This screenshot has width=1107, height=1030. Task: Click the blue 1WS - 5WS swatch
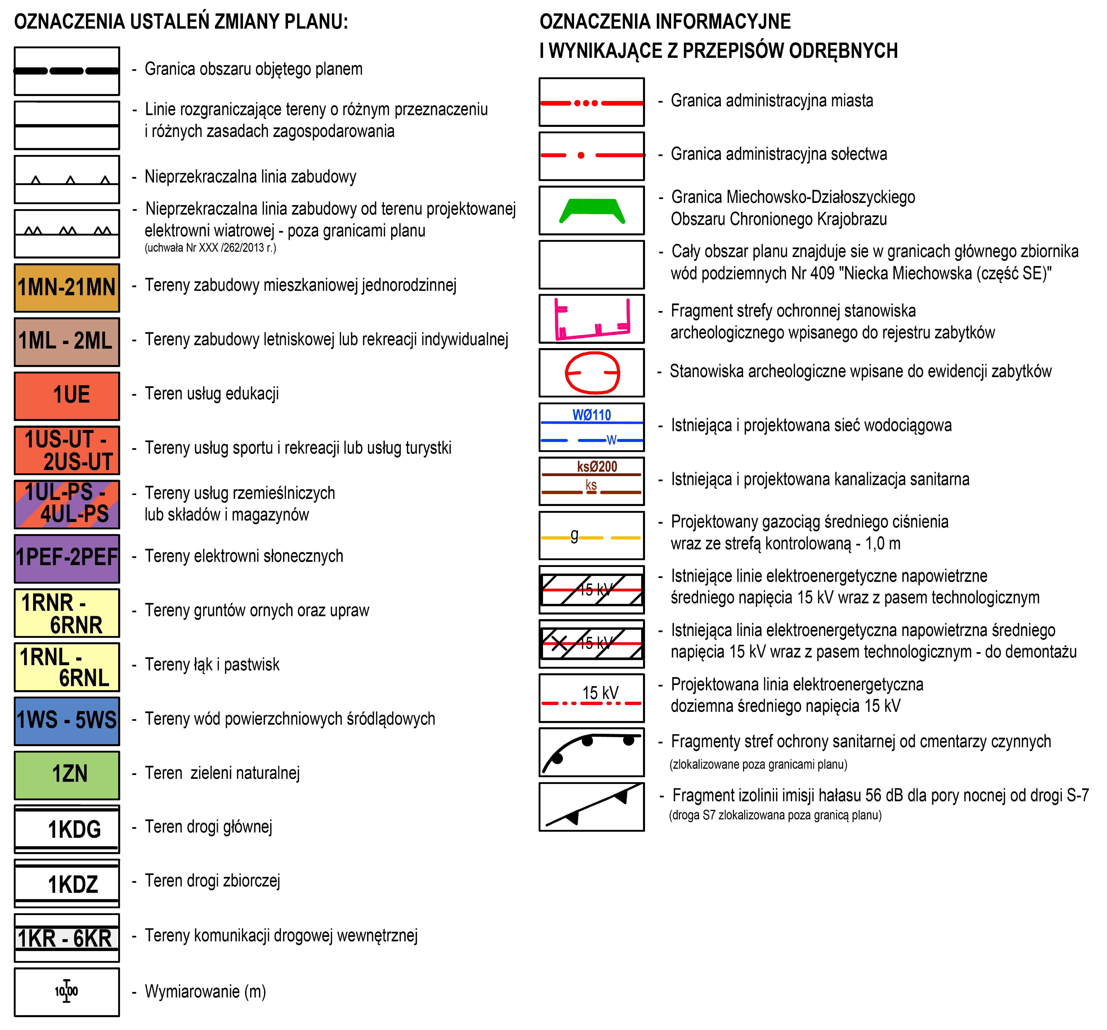[x=67, y=721]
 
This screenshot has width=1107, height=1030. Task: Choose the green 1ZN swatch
[x=67, y=775]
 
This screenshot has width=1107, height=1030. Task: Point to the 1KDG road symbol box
[x=67, y=829]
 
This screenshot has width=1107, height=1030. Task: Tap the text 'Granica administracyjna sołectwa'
[x=778, y=154]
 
